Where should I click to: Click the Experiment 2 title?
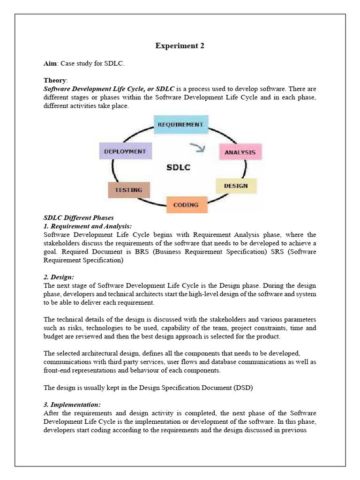point(180,45)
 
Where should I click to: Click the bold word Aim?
point(50,63)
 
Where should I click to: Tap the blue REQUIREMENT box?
point(180,125)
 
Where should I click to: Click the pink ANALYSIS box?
point(240,152)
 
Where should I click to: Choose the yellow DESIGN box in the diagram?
point(236,186)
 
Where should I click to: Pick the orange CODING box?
point(186,205)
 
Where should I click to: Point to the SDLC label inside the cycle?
point(178,167)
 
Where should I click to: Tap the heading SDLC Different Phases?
point(78,218)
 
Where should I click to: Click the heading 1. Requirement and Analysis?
point(87,226)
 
